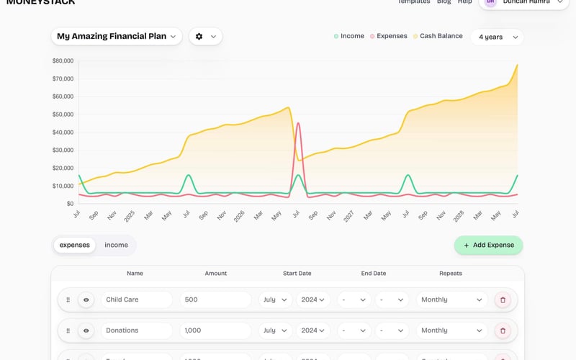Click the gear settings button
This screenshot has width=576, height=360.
205,36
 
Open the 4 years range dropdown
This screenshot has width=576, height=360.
497,37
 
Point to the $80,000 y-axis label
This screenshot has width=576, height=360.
63,61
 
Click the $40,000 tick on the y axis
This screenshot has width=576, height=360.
63,132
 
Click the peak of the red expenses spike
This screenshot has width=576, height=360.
298,123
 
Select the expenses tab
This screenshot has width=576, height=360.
75,245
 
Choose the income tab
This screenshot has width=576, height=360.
116,245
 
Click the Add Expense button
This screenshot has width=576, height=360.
488,245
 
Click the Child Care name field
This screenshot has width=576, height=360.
136,300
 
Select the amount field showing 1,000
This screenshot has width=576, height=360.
215,330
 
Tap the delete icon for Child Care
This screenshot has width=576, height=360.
503,300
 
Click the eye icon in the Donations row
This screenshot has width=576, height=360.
86,330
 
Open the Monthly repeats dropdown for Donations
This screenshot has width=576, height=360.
451,330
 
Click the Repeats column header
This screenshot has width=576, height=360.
451,274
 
